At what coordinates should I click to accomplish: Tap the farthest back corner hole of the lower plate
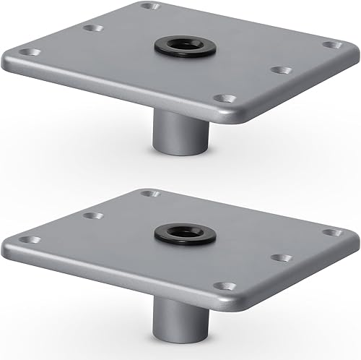(x=149, y=194)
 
